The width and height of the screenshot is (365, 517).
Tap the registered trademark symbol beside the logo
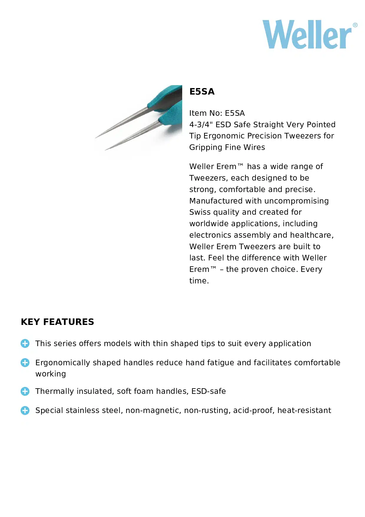click(355, 25)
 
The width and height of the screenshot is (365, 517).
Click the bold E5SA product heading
click(202, 92)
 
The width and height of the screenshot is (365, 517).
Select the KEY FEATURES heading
click(57, 322)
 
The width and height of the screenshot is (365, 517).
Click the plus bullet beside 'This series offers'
click(25, 343)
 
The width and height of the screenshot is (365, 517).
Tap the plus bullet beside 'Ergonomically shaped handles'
click(25, 363)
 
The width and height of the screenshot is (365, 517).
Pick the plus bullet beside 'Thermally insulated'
click(25, 391)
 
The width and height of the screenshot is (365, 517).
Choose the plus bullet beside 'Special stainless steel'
click(25, 410)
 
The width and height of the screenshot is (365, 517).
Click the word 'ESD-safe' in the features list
click(208, 391)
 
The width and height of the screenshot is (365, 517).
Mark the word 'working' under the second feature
click(51, 374)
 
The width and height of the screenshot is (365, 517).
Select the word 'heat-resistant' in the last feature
click(304, 410)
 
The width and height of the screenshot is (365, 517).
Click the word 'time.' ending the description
click(199, 281)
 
